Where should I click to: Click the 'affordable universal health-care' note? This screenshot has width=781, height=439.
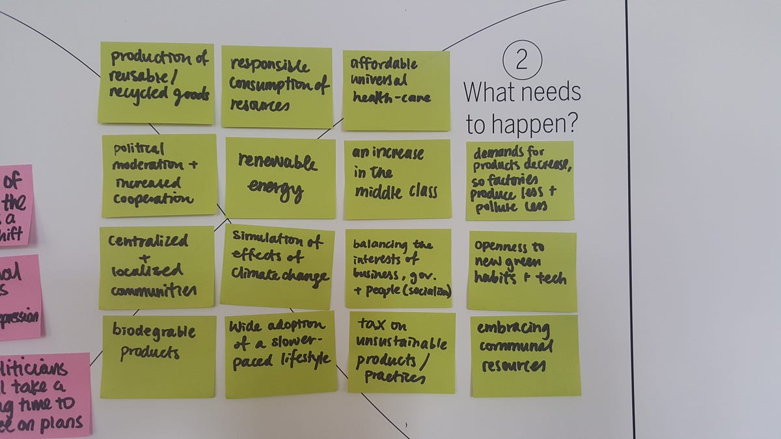pyautogui.click(x=396, y=89)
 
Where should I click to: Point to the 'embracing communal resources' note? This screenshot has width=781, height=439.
pyautogui.click(x=525, y=355)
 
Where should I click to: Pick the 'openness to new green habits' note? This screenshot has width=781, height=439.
pyautogui.click(x=521, y=271)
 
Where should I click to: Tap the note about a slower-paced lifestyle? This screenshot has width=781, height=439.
pyautogui.click(x=281, y=354)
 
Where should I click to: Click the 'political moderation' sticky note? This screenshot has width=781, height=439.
pyautogui.click(x=159, y=175)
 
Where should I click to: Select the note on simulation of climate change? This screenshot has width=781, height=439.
pyautogui.click(x=277, y=266)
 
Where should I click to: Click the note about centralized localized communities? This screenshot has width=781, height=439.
pyautogui.click(x=156, y=267)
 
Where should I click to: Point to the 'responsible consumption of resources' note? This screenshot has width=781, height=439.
pyautogui.click(x=277, y=86)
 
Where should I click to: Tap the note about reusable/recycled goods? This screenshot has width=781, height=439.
pyautogui.click(x=157, y=83)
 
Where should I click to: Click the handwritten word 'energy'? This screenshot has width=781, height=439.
pyautogui.click(x=275, y=189)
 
